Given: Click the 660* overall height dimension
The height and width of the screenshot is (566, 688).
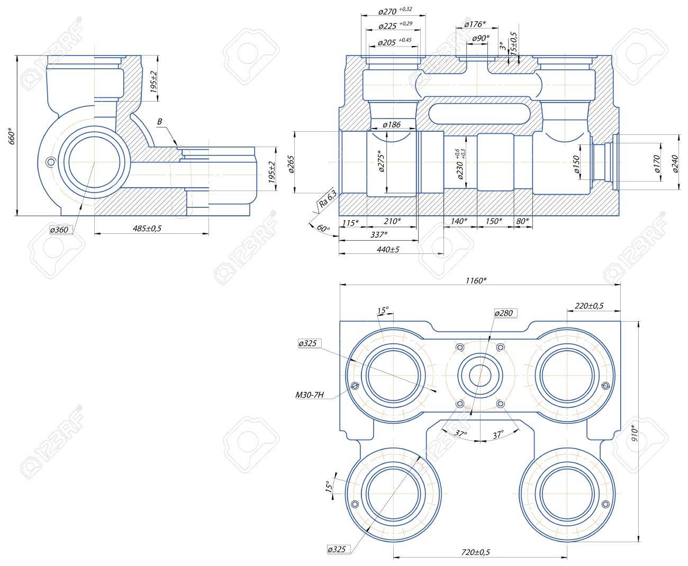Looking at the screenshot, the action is (12, 136).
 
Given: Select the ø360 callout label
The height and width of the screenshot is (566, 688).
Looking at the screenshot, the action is (59, 230).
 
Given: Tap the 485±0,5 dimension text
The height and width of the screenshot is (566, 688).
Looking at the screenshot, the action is (147, 228).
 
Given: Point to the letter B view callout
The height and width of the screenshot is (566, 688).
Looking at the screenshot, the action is (159, 122).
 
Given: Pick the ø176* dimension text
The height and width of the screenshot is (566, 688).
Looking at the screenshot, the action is (475, 24).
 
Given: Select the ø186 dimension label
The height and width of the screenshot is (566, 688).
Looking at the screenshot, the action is (392, 124).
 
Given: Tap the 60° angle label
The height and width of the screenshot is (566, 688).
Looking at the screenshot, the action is (323, 228).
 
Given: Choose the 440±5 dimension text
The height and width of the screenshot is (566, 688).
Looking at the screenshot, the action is (388, 250).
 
